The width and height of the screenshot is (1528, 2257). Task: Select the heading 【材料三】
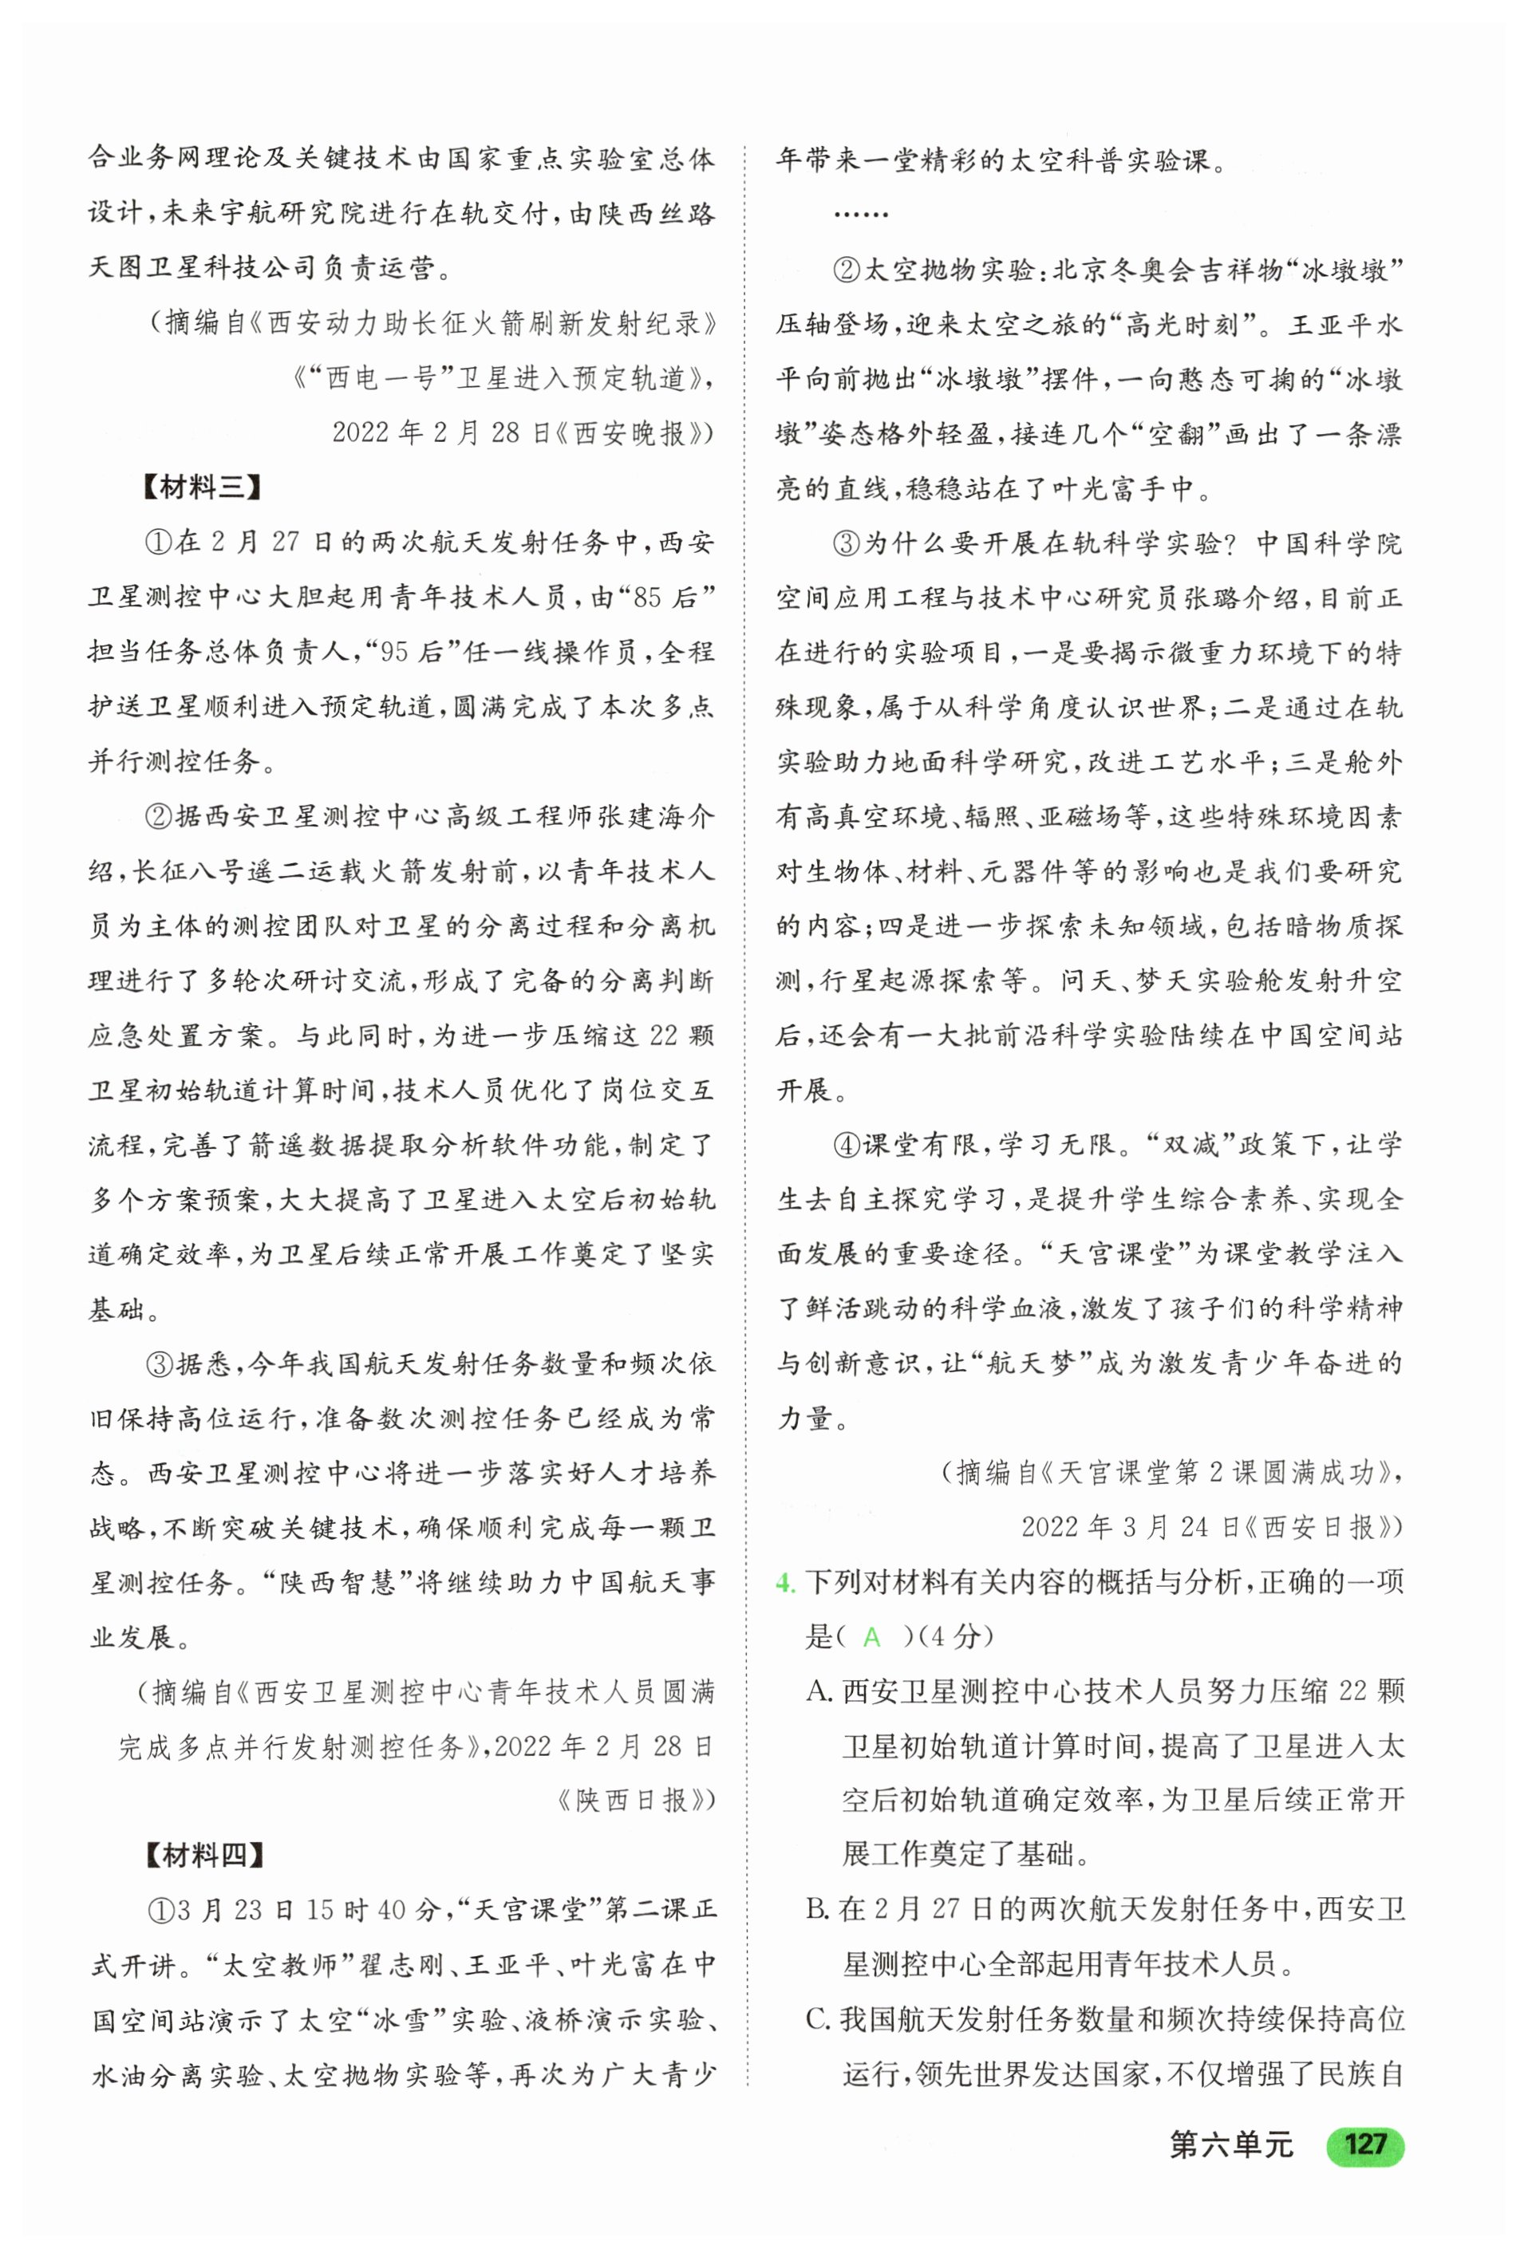[x=201, y=487]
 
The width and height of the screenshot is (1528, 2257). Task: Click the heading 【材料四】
[x=203, y=1855]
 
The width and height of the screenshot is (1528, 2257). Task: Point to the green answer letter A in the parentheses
[x=871, y=1637]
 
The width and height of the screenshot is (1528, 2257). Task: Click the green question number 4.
[x=786, y=1583]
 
